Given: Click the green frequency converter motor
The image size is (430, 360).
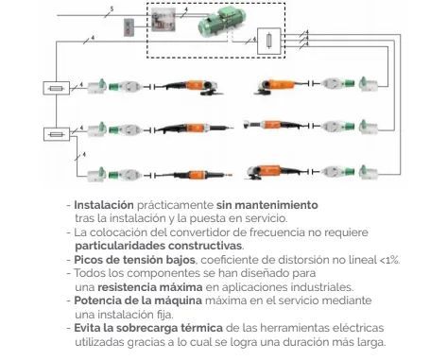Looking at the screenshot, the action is click(222, 21).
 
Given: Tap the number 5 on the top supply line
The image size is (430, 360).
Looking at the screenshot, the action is click(112, 9).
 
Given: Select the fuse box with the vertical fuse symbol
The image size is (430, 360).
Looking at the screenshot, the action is click(268, 41).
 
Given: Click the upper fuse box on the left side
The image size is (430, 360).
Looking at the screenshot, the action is click(56, 88).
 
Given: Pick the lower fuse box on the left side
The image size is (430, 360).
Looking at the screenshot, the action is click(57, 134).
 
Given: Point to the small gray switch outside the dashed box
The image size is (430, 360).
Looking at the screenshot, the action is click(129, 27).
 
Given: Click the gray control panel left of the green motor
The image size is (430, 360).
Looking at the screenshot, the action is click(163, 20).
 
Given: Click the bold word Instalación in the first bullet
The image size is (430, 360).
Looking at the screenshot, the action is click(104, 205).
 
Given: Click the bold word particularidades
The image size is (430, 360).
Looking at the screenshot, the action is click(120, 246).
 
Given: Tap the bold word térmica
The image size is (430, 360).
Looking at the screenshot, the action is click(201, 328).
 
